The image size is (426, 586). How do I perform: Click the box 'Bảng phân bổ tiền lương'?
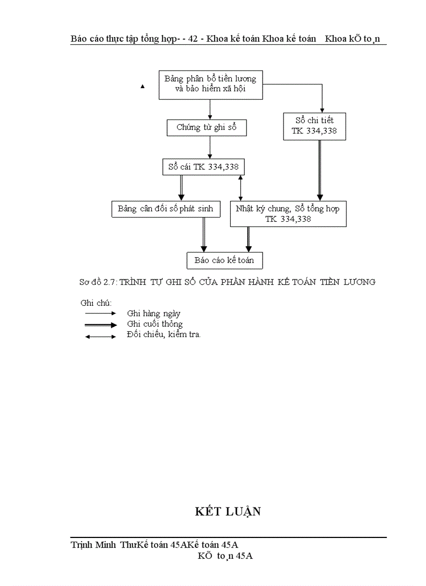[210, 84]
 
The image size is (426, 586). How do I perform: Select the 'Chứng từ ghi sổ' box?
[207, 127]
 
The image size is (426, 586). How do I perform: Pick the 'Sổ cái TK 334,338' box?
[204, 168]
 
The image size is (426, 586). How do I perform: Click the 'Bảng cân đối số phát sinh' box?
[165, 209]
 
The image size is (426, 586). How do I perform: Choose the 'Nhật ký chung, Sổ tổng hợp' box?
[288, 214]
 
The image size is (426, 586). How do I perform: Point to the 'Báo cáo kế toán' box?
[224, 260]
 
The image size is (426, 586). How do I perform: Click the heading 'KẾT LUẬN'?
[228, 511]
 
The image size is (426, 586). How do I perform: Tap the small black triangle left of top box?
[142, 87]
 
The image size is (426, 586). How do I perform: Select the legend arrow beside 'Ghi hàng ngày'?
[100, 314]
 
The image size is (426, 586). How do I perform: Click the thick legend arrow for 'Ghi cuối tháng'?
[100, 325]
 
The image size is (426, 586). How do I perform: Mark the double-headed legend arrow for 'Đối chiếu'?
[100, 336]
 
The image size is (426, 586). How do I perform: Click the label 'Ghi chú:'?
[96, 303]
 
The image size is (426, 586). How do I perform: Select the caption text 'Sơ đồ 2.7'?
[98, 282]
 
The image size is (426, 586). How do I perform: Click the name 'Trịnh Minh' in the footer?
[94, 545]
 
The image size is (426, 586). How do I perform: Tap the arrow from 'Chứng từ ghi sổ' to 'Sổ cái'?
[210, 148]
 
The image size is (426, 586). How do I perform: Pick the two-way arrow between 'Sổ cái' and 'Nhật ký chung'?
[240, 188]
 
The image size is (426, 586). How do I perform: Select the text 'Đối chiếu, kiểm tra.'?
[163, 334]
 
